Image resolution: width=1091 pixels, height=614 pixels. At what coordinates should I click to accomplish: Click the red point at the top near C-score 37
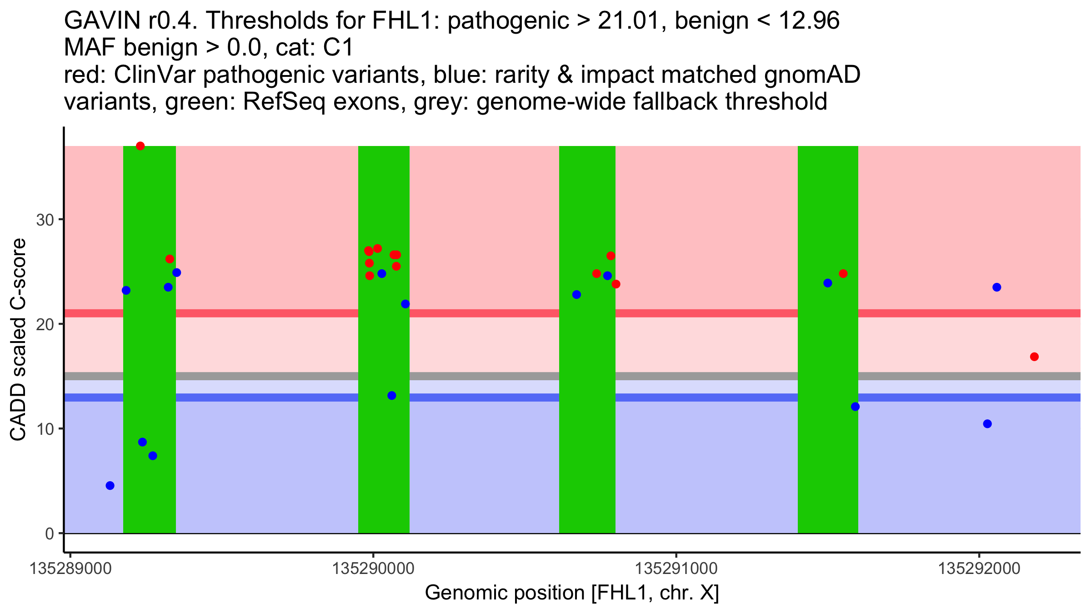[140, 146]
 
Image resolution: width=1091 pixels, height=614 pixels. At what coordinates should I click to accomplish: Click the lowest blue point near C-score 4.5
[110, 486]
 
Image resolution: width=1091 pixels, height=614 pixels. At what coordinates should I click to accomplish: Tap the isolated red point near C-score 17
[1034, 357]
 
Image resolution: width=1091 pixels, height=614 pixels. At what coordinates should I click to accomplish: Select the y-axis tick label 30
[45, 220]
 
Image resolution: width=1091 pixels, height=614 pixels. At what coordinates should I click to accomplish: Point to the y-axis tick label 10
[45, 429]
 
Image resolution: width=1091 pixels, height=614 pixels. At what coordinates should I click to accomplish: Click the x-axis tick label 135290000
[373, 569]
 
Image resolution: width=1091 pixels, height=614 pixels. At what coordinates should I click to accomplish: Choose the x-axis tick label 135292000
[980, 569]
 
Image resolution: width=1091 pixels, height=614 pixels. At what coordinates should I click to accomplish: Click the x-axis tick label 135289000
[70, 569]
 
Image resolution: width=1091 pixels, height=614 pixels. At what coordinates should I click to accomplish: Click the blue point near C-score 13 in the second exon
[392, 396]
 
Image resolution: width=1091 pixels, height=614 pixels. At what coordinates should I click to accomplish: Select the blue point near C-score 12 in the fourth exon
[855, 407]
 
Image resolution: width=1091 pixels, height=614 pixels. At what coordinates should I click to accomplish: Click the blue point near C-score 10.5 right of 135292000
[987, 424]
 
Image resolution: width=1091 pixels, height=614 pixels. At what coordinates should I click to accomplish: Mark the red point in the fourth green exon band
[843, 274]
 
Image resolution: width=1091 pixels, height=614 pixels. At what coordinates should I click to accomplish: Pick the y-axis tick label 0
[50, 533]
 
